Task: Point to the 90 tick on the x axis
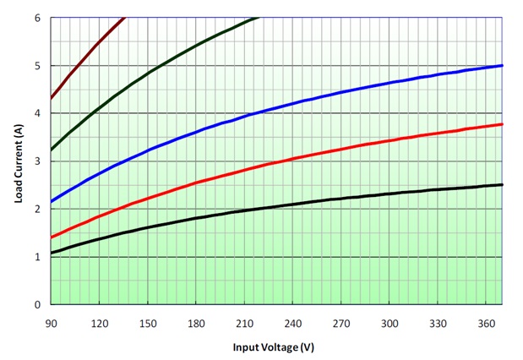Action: (x=52, y=322)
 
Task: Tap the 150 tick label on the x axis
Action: (x=148, y=322)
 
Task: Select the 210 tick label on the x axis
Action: (x=245, y=322)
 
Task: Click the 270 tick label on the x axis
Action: (x=341, y=322)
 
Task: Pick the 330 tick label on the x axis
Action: (x=438, y=322)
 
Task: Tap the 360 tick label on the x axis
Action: (x=487, y=322)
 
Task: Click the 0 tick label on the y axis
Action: (x=37, y=304)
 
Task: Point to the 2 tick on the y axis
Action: (x=37, y=209)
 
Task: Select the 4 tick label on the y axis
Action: (x=37, y=113)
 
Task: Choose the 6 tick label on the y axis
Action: (x=37, y=18)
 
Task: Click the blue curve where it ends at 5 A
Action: (x=503, y=65)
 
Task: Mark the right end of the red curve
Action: (x=503, y=124)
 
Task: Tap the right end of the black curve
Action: (x=503, y=184)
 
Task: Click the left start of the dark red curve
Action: (x=52, y=99)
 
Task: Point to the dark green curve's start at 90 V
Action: (x=52, y=150)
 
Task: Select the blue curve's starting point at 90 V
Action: (x=52, y=202)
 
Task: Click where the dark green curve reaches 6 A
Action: (x=257, y=18)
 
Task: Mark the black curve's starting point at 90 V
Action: (x=52, y=253)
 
